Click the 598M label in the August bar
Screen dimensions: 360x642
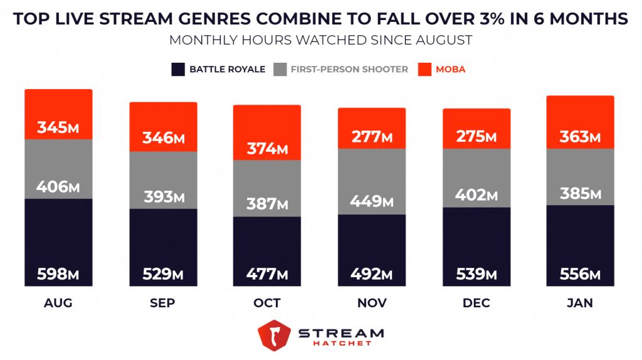(x=58, y=273)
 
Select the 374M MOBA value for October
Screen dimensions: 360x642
(x=266, y=149)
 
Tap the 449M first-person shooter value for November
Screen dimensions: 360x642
(x=371, y=201)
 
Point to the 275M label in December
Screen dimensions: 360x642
(x=475, y=136)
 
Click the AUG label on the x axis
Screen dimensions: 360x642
(x=58, y=303)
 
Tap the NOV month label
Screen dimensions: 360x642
(x=371, y=303)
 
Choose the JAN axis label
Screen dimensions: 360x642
(x=580, y=303)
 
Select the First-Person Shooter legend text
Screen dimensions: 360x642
(x=349, y=69)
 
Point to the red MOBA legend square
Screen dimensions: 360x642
(x=424, y=69)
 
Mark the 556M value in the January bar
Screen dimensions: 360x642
(x=580, y=273)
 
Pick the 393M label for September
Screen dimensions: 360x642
(x=163, y=197)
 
